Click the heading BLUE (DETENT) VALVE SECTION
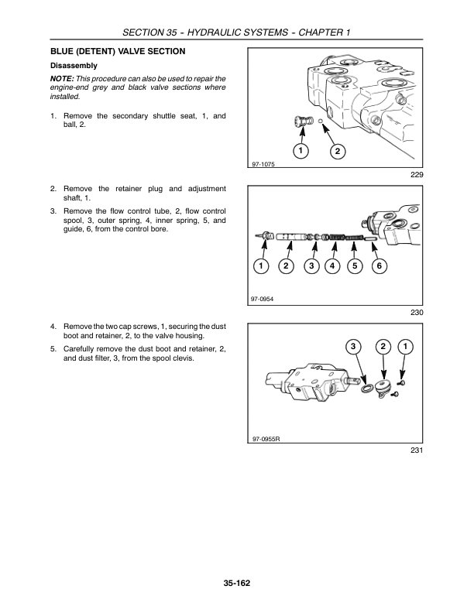click(x=117, y=51)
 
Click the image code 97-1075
click(x=264, y=164)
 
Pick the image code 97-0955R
click(x=266, y=438)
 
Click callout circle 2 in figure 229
click(x=336, y=150)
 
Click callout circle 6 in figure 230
click(x=379, y=266)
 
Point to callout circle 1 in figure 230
click(x=262, y=266)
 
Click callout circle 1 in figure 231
click(x=407, y=345)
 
